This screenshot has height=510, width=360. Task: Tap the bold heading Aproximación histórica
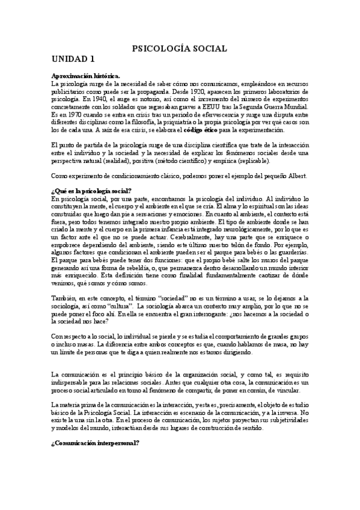86,75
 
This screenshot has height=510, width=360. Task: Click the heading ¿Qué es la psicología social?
91,190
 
